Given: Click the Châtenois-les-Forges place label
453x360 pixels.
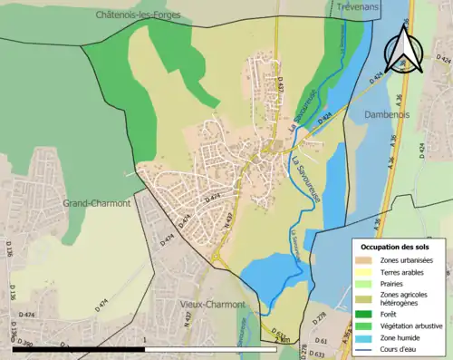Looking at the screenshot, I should point(140,15).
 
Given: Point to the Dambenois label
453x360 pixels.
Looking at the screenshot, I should point(389,115).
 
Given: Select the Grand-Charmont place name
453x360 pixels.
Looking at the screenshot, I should point(97,203).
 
